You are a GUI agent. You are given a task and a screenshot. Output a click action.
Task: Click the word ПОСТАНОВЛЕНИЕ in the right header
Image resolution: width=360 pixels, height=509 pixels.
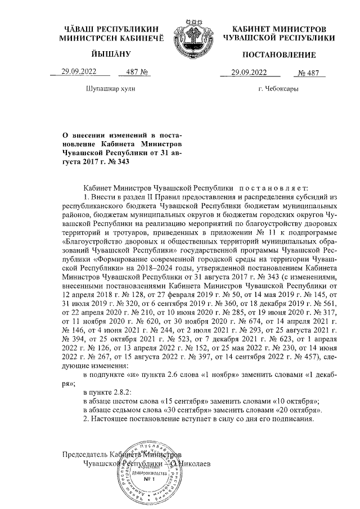point(278,55)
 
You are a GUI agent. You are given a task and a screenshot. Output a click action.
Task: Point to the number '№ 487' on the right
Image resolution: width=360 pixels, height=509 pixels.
point(308,72)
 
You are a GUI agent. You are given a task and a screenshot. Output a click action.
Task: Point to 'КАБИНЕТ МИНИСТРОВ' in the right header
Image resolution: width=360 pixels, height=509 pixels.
point(279,28)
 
